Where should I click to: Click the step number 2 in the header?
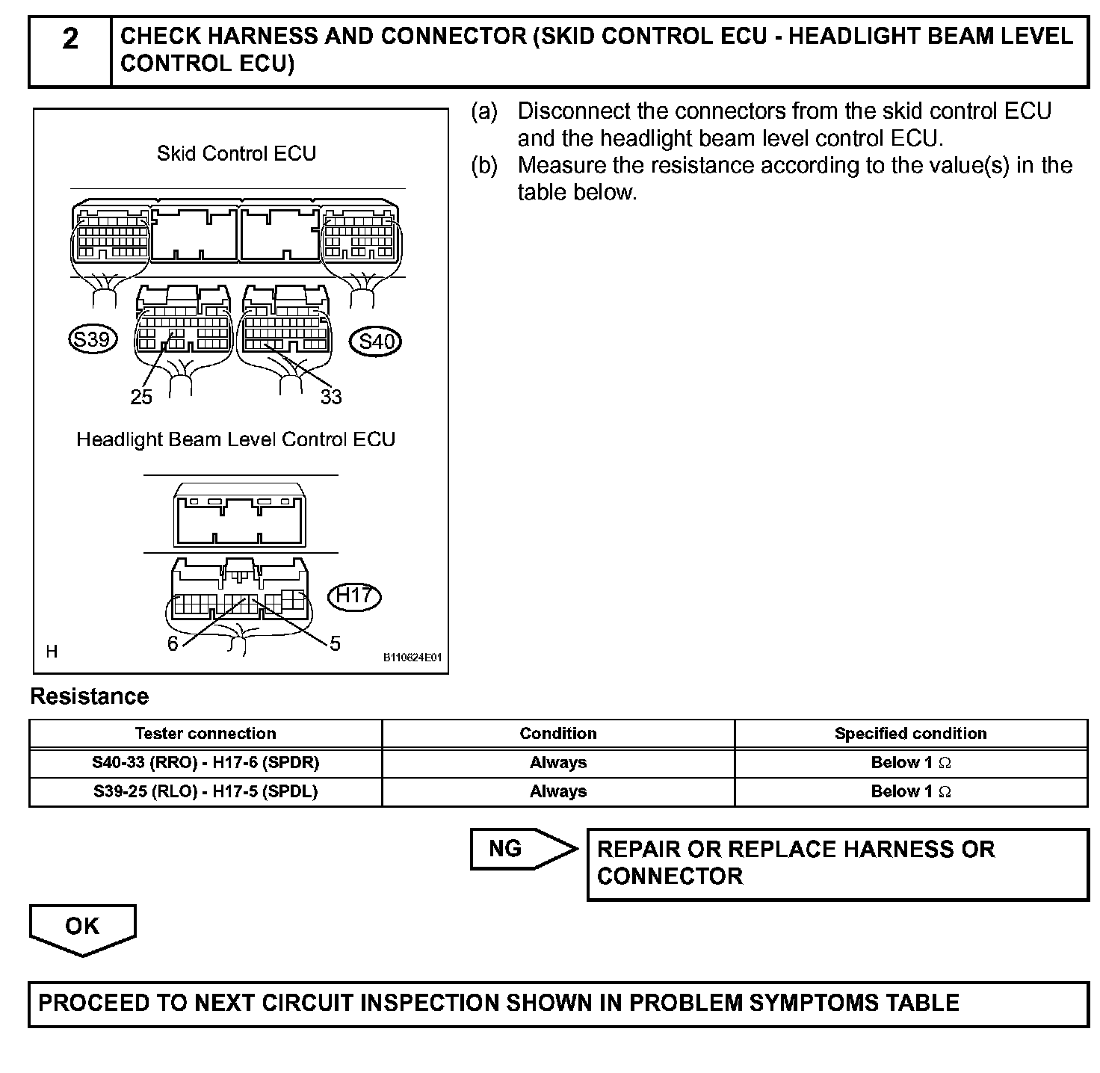pyautogui.click(x=69, y=39)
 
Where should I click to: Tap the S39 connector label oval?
pyautogui.click(x=92, y=340)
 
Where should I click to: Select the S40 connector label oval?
pyautogui.click(x=376, y=342)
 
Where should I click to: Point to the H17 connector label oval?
pyautogui.click(x=354, y=596)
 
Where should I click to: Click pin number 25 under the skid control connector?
pyautogui.click(x=141, y=398)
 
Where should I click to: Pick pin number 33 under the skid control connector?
pyautogui.click(x=331, y=398)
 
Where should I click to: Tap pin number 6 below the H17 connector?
pyautogui.click(x=173, y=644)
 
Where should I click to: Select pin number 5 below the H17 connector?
pyautogui.click(x=335, y=643)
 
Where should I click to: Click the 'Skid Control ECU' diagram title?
pyautogui.click(x=236, y=154)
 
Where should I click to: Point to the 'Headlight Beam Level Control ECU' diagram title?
pyautogui.click(x=235, y=439)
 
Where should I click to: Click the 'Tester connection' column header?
pyautogui.click(x=206, y=734)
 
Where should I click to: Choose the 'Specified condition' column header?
pyautogui.click(x=910, y=734)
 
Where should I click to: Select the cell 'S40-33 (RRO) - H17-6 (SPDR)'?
pyautogui.click(x=206, y=763)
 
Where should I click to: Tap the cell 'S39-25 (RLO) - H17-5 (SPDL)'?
pyautogui.click(x=206, y=792)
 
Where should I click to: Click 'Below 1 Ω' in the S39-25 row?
pyautogui.click(x=910, y=792)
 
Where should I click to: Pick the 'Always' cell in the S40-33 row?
pyautogui.click(x=558, y=763)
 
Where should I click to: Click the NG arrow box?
pyautogui.click(x=516, y=849)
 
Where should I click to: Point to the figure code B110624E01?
pyautogui.click(x=412, y=658)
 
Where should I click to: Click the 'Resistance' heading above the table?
pyautogui.click(x=89, y=696)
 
